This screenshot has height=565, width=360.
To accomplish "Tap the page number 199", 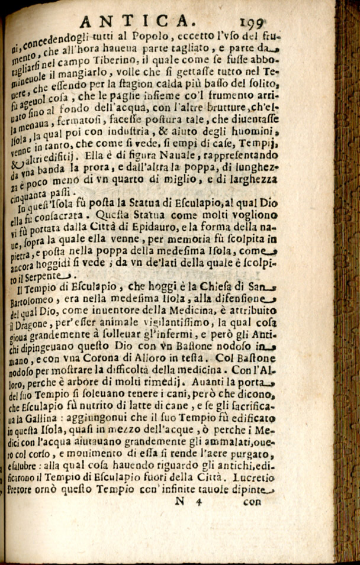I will (252, 23).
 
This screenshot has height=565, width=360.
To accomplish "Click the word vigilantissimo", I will (172, 326).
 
